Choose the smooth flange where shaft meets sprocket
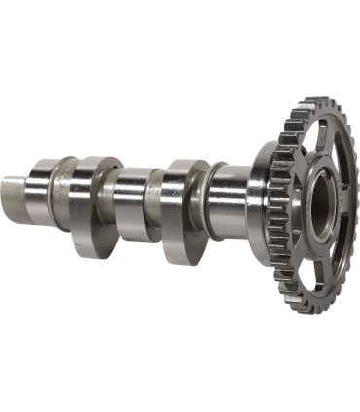259,200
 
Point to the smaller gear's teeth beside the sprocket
276,209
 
